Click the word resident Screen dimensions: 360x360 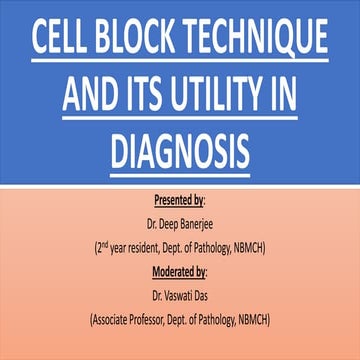pos(151,247)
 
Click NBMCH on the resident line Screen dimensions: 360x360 pos(257,247)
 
